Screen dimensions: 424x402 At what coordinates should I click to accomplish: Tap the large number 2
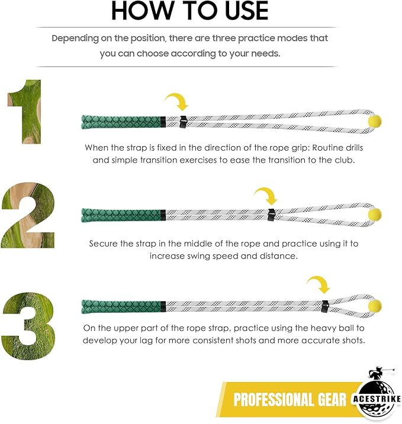coord(28,215)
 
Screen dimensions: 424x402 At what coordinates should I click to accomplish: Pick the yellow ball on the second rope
coord(375,214)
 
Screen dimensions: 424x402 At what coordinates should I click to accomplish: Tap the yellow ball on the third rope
coord(374,305)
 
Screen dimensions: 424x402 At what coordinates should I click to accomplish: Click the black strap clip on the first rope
coord(183,122)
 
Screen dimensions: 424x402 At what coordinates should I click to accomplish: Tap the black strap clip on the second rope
coord(272,214)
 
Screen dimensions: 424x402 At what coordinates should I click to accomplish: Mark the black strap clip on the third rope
coord(325,306)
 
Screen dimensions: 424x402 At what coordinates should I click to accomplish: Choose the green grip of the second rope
coord(122,213)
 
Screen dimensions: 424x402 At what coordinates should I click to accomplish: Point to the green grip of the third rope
coord(122,306)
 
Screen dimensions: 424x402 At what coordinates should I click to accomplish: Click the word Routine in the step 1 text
coord(297,147)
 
